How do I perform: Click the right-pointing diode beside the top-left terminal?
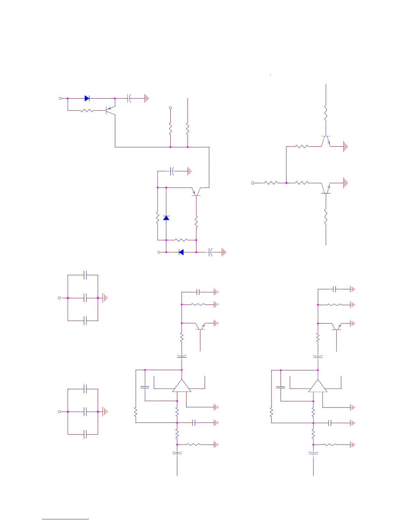[87, 98]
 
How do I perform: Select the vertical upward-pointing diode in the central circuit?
[166, 218]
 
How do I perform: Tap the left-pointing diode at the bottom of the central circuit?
[181, 252]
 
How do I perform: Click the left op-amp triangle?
[182, 386]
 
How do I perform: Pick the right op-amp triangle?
[318, 386]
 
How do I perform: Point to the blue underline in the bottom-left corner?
[65, 519]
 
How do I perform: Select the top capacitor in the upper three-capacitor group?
[85, 275]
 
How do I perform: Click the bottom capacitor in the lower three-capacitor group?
[85, 434]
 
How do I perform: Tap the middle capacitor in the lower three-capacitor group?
[85, 412]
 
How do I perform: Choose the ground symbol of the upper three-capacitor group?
[105, 298]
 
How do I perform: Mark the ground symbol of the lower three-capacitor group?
[105, 412]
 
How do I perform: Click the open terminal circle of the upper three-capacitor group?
[60, 298]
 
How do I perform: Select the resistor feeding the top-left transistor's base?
[87, 110]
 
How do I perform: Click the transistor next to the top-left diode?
[110, 110]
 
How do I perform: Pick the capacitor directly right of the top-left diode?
[129, 98]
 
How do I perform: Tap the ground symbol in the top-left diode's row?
[147, 98]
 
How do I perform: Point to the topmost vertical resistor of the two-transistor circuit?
[326, 113]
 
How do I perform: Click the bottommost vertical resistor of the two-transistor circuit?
[326, 218]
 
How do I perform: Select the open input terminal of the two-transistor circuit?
[253, 183]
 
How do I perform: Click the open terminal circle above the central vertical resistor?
[170, 108]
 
